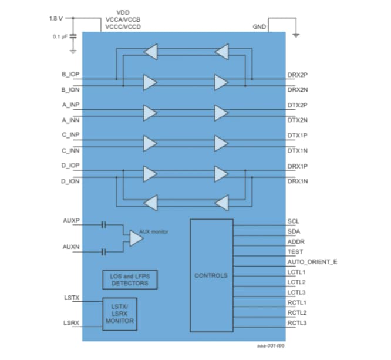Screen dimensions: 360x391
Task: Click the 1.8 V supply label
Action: click(x=56, y=18)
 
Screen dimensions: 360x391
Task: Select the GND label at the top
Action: click(x=259, y=27)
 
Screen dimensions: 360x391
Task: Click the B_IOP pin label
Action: click(x=70, y=75)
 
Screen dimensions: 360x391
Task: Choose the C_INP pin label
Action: click(x=70, y=134)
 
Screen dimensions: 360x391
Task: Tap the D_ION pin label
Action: click(x=70, y=181)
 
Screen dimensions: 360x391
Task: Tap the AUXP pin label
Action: click(x=70, y=220)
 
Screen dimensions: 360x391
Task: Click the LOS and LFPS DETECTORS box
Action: click(x=130, y=280)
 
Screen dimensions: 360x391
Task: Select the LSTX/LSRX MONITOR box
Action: click(x=119, y=314)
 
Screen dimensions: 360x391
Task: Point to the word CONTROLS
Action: click(x=211, y=275)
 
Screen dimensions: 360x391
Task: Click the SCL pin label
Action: click(x=293, y=222)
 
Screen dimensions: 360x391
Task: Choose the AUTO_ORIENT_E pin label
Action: click(x=312, y=262)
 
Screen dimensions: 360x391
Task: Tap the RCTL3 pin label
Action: click(x=296, y=322)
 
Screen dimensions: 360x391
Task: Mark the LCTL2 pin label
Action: click(x=296, y=282)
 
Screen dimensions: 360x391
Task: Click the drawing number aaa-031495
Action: click(x=271, y=346)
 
